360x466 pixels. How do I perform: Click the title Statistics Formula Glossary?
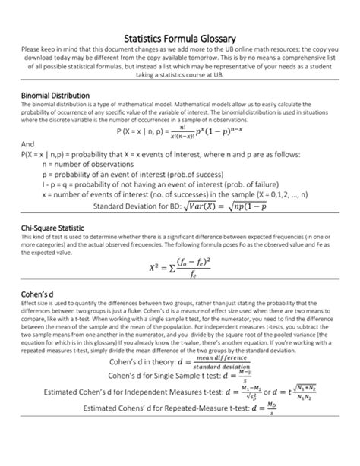[180, 39]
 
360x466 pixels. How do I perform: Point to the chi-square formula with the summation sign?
[180, 266]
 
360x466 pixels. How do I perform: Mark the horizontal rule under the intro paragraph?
[180, 83]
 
